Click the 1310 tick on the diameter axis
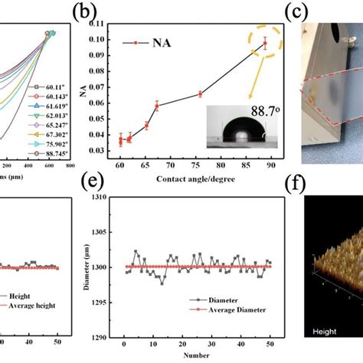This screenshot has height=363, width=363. pyautogui.click(x=98, y=197)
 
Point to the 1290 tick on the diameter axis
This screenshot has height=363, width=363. pyautogui.click(x=98, y=337)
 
